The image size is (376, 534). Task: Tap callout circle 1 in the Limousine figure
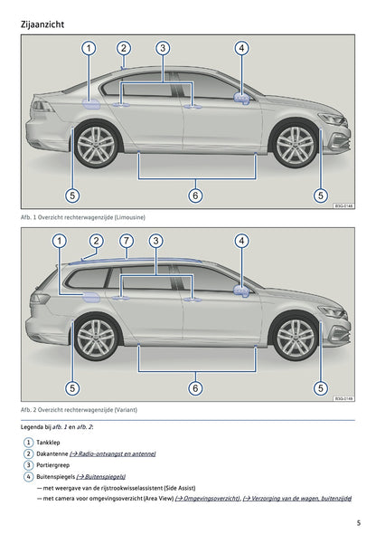point(89,48)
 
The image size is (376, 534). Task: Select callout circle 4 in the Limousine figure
point(241,48)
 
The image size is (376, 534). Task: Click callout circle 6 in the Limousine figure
point(195,195)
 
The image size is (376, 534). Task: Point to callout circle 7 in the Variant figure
point(127,241)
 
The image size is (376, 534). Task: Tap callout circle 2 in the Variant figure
point(96,241)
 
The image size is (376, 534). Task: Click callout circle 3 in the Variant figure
point(156,241)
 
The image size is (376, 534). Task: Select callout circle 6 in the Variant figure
point(195,388)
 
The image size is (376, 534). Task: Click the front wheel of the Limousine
point(295,144)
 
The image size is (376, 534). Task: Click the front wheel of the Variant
point(295,338)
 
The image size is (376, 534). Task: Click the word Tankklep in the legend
point(49,442)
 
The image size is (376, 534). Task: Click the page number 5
point(358,522)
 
